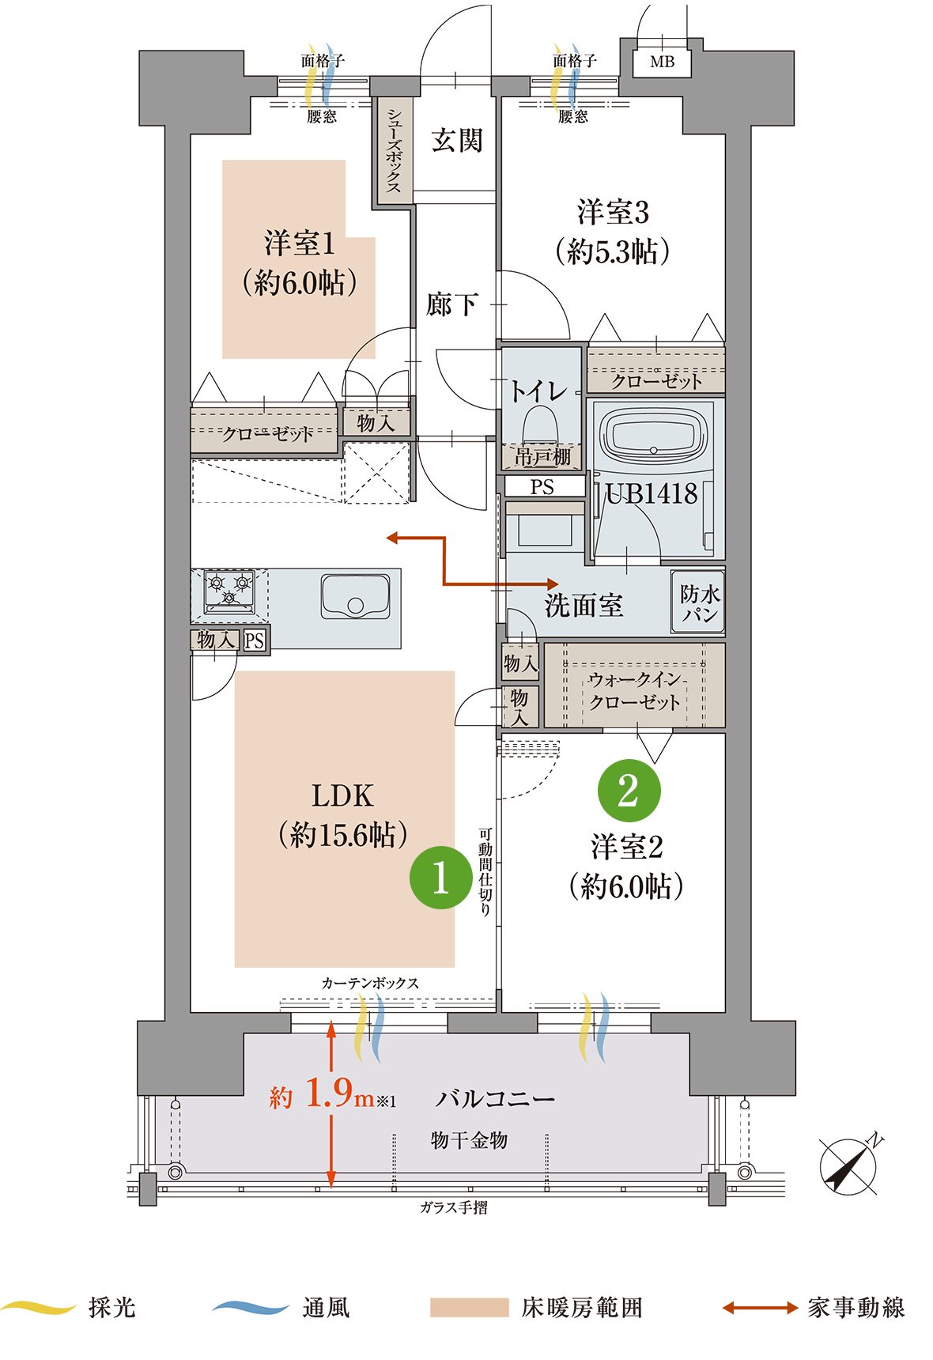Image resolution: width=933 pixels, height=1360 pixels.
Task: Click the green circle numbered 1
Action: click(x=440, y=877)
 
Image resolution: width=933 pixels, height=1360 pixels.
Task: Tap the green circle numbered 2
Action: click(x=629, y=790)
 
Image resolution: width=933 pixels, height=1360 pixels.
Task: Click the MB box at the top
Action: click(x=662, y=62)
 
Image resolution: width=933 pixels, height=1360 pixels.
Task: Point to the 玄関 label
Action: click(x=457, y=141)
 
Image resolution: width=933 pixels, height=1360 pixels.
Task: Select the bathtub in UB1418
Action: click(x=652, y=436)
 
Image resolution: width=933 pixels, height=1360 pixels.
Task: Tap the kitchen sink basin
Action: click(x=355, y=597)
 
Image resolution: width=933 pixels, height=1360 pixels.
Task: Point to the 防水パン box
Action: click(x=699, y=604)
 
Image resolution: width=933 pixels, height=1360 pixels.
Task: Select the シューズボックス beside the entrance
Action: click(x=394, y=150)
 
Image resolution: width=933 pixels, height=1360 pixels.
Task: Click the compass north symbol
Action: click(x=848, y=1166)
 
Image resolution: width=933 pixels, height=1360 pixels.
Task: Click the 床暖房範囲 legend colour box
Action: click(x=469, y=1308)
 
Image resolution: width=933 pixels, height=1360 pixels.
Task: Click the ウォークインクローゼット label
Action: click(x=635, y=690)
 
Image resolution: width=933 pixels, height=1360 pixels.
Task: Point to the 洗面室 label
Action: click(x=584, y=606)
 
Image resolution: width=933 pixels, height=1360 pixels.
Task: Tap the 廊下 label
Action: click(x=451, y=304)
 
